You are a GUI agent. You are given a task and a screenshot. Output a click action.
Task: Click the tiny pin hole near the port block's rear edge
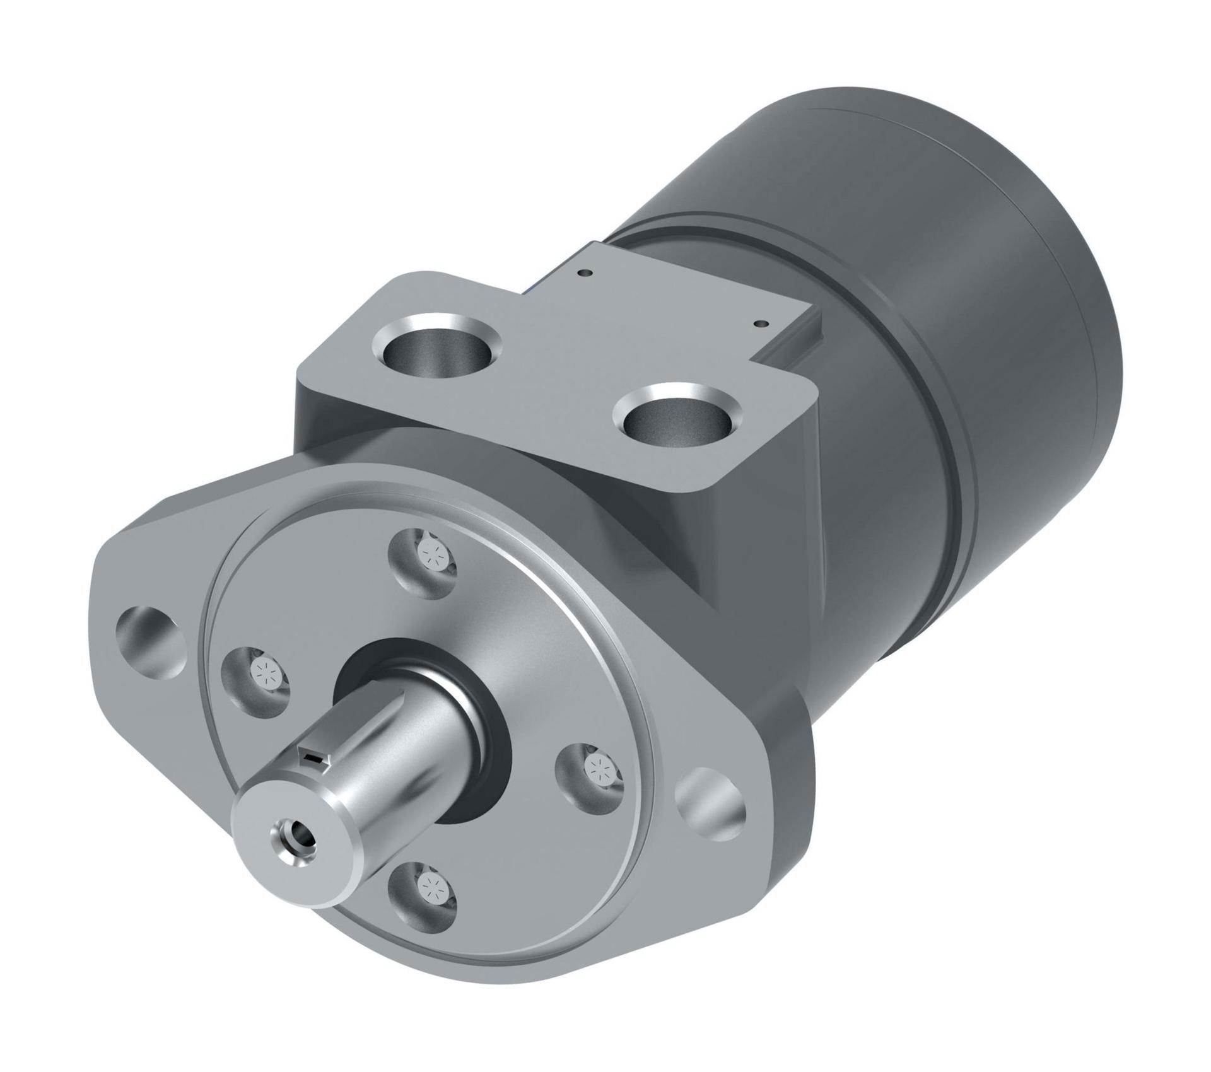[x=587, y=273]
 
